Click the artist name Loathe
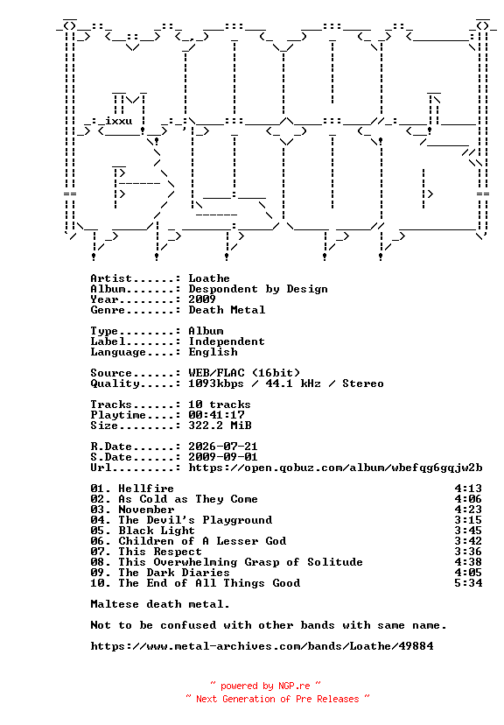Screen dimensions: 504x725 click(209, 278)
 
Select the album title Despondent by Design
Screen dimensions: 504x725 click(258, 289)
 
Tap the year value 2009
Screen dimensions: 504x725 click(202, 299)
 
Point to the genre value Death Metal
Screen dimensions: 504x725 click(227, 310)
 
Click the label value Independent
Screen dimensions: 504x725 click(227, 341)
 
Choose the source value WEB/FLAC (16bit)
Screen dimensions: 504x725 click(244, 373)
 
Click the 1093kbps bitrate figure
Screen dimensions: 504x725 click(216, 384)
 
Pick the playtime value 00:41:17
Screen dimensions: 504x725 click(216, 415)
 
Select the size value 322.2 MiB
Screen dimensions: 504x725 click(220, 426)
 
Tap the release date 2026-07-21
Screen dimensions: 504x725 click(223, 447)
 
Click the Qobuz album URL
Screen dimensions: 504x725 click(335, 468)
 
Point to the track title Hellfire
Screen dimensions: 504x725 click(146, 489)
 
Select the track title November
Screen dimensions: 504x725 click(146, 510)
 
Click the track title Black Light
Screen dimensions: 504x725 click(157, 531)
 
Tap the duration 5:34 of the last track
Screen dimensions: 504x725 click(468, 583)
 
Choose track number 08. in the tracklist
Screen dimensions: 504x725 click(101, 562)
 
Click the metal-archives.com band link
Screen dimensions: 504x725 click(262, 646)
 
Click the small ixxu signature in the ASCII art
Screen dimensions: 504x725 click(119, 121)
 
